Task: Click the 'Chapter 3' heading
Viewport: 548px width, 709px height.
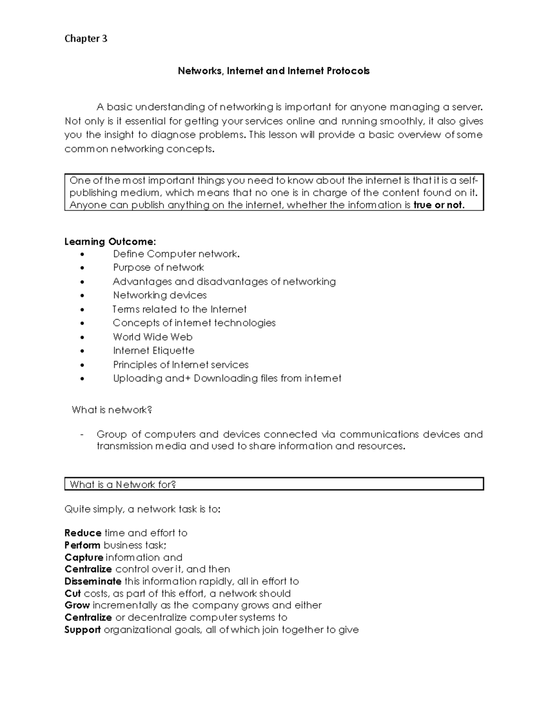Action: point(86,39)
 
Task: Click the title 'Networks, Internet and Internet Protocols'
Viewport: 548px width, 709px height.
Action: point(274,71)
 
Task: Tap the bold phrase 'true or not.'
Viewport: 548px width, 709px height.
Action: point(439,205)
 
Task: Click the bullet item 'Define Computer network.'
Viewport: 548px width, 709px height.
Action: point(176,254)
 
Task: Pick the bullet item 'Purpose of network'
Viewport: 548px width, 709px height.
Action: point(158,268)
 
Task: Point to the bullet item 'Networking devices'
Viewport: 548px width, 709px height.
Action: point(160,295)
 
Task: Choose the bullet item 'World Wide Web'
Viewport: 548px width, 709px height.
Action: point(153,337)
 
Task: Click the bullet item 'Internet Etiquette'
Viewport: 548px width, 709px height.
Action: point(153,351)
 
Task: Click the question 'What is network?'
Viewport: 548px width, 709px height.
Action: point(112,410)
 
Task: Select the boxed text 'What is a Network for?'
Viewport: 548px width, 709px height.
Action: point(123,484)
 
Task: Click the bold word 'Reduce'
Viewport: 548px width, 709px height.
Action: point(83,533)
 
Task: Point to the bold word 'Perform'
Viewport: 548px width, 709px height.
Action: point(82,545)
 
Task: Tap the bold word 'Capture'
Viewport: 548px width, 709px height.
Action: point(84,557)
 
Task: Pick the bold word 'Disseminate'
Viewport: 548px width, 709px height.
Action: point(93,581)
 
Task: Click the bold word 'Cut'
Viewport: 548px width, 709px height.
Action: point(73,593)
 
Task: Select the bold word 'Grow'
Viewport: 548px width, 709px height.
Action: point(77,605)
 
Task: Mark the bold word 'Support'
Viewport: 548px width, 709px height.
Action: point(82,630)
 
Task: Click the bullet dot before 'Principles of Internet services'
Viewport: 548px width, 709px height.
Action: point(82,365)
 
